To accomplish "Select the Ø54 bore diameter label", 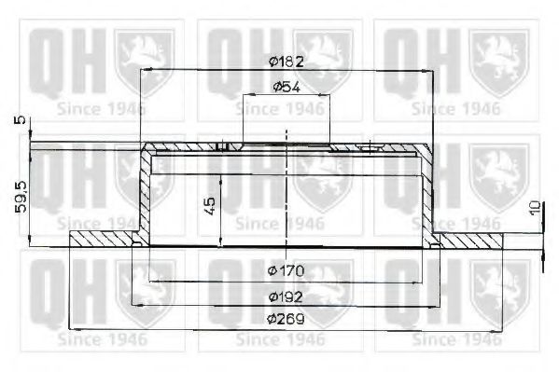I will tap(285, 87).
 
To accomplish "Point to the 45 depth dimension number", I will tap(210, 204).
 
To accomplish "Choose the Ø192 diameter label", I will tap(285, 297).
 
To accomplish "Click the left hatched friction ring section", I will tap(103, 241).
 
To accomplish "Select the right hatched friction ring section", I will tap(471, 241).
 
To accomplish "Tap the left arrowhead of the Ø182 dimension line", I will tap(145, 71).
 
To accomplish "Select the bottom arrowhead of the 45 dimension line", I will tap(221, 241).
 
